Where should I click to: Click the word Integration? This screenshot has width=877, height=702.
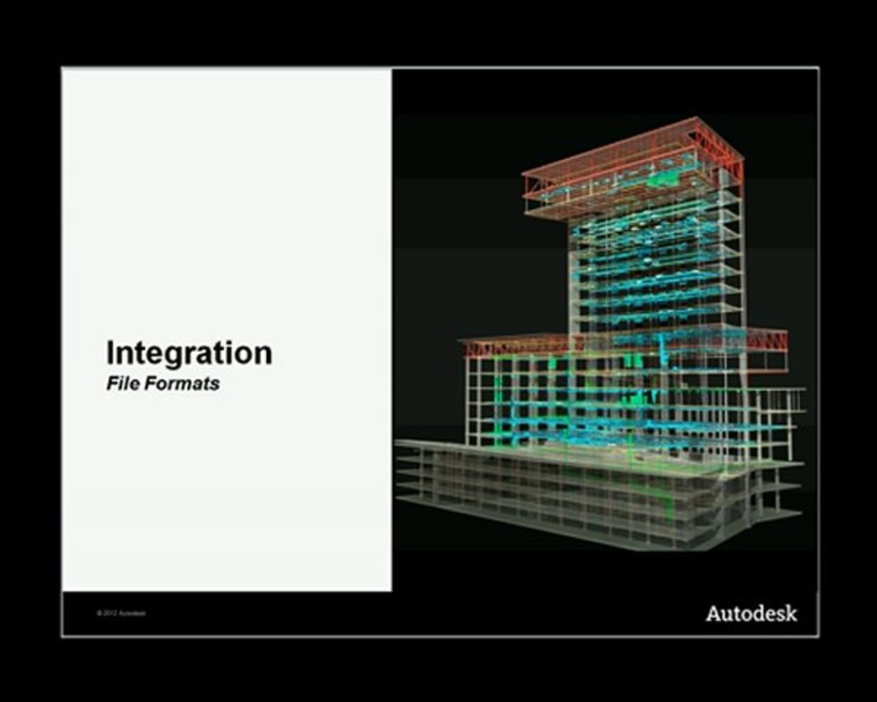(189, 352)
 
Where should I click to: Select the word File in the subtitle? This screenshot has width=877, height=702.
(122, 383)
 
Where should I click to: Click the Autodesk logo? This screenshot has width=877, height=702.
(751, 613)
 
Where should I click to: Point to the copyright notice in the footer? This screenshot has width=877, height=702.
(121, 613)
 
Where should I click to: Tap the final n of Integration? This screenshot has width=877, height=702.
(263, 354)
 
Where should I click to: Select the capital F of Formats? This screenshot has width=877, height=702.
(151, 383)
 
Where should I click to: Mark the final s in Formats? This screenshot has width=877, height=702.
(214, 384)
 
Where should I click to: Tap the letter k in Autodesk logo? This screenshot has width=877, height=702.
(790, 613)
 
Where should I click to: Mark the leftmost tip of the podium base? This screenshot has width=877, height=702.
(399, 447)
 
